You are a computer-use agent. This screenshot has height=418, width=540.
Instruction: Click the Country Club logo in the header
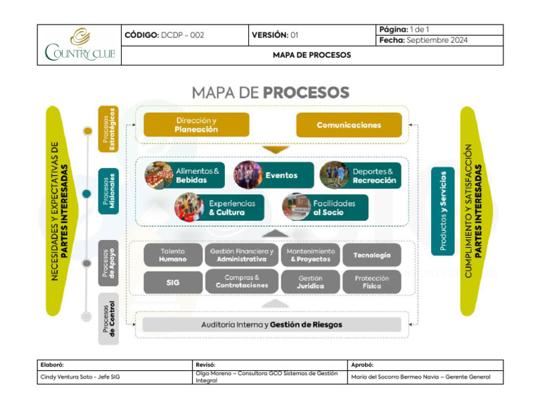(x=79, y=45)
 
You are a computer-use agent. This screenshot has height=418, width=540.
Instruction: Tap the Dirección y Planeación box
(x=196, y=125)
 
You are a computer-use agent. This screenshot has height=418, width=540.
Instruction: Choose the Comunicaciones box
(x=349, y=125)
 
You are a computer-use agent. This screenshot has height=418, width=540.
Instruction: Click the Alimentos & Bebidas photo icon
(x=159, y=175)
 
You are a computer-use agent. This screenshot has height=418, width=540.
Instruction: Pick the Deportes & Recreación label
(x=374, y=176)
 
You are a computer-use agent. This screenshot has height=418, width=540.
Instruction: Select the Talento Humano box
(x=173, y=255)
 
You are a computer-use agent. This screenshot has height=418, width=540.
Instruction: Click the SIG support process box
(x=173, y=282)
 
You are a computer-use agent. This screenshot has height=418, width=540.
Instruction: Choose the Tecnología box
(x=372, y=255)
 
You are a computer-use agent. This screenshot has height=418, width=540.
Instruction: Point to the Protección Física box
(x=372, y=282)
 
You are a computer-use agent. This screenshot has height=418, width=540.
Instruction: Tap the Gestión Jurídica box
(x=311, y=282)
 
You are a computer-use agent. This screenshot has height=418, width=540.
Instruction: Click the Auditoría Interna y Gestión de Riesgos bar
(x=271, y=324)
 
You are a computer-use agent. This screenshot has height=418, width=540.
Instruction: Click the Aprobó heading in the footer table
(x=362, y=365)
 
